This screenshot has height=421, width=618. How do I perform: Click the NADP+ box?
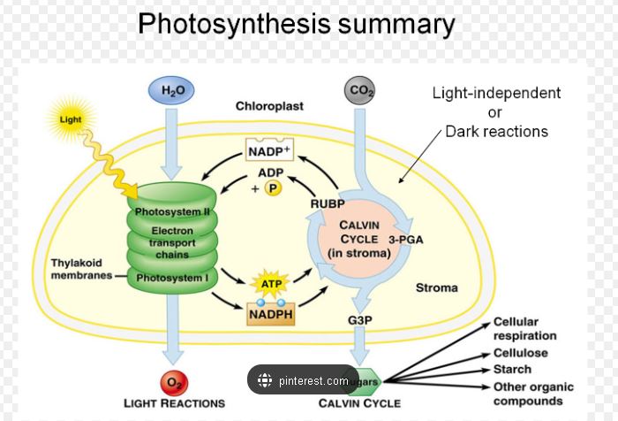(x=268, y=150)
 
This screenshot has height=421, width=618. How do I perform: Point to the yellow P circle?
(x=273, y=188)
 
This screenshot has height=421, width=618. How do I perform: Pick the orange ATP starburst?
(x=269, y=284)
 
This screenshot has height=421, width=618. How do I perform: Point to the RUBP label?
(x=328, y=203)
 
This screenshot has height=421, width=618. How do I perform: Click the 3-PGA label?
(x=406, y=239)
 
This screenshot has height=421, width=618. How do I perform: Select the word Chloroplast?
(x=269, y=106)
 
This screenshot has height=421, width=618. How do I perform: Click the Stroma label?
(x=437, y=287)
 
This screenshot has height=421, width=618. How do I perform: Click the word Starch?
(x=512, y=369)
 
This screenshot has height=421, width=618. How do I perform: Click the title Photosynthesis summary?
(x=297, y=23)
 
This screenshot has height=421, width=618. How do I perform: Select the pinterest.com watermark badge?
(x=303, y=381)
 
